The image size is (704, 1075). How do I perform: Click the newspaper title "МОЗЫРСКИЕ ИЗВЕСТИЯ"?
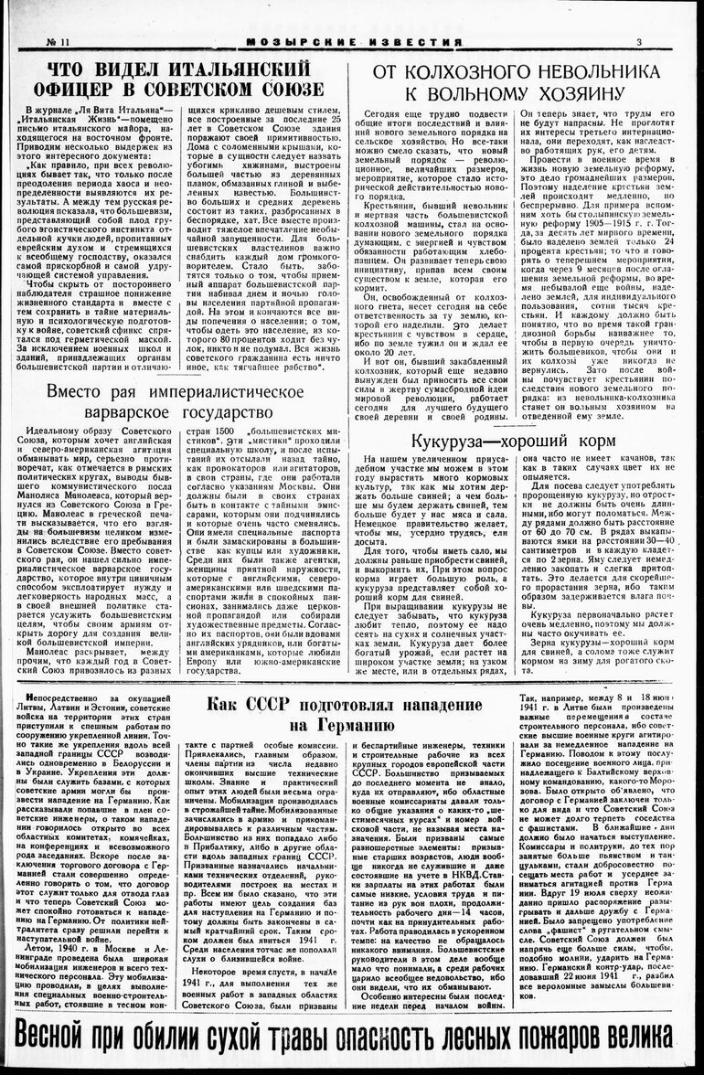(x=352, y=42)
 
